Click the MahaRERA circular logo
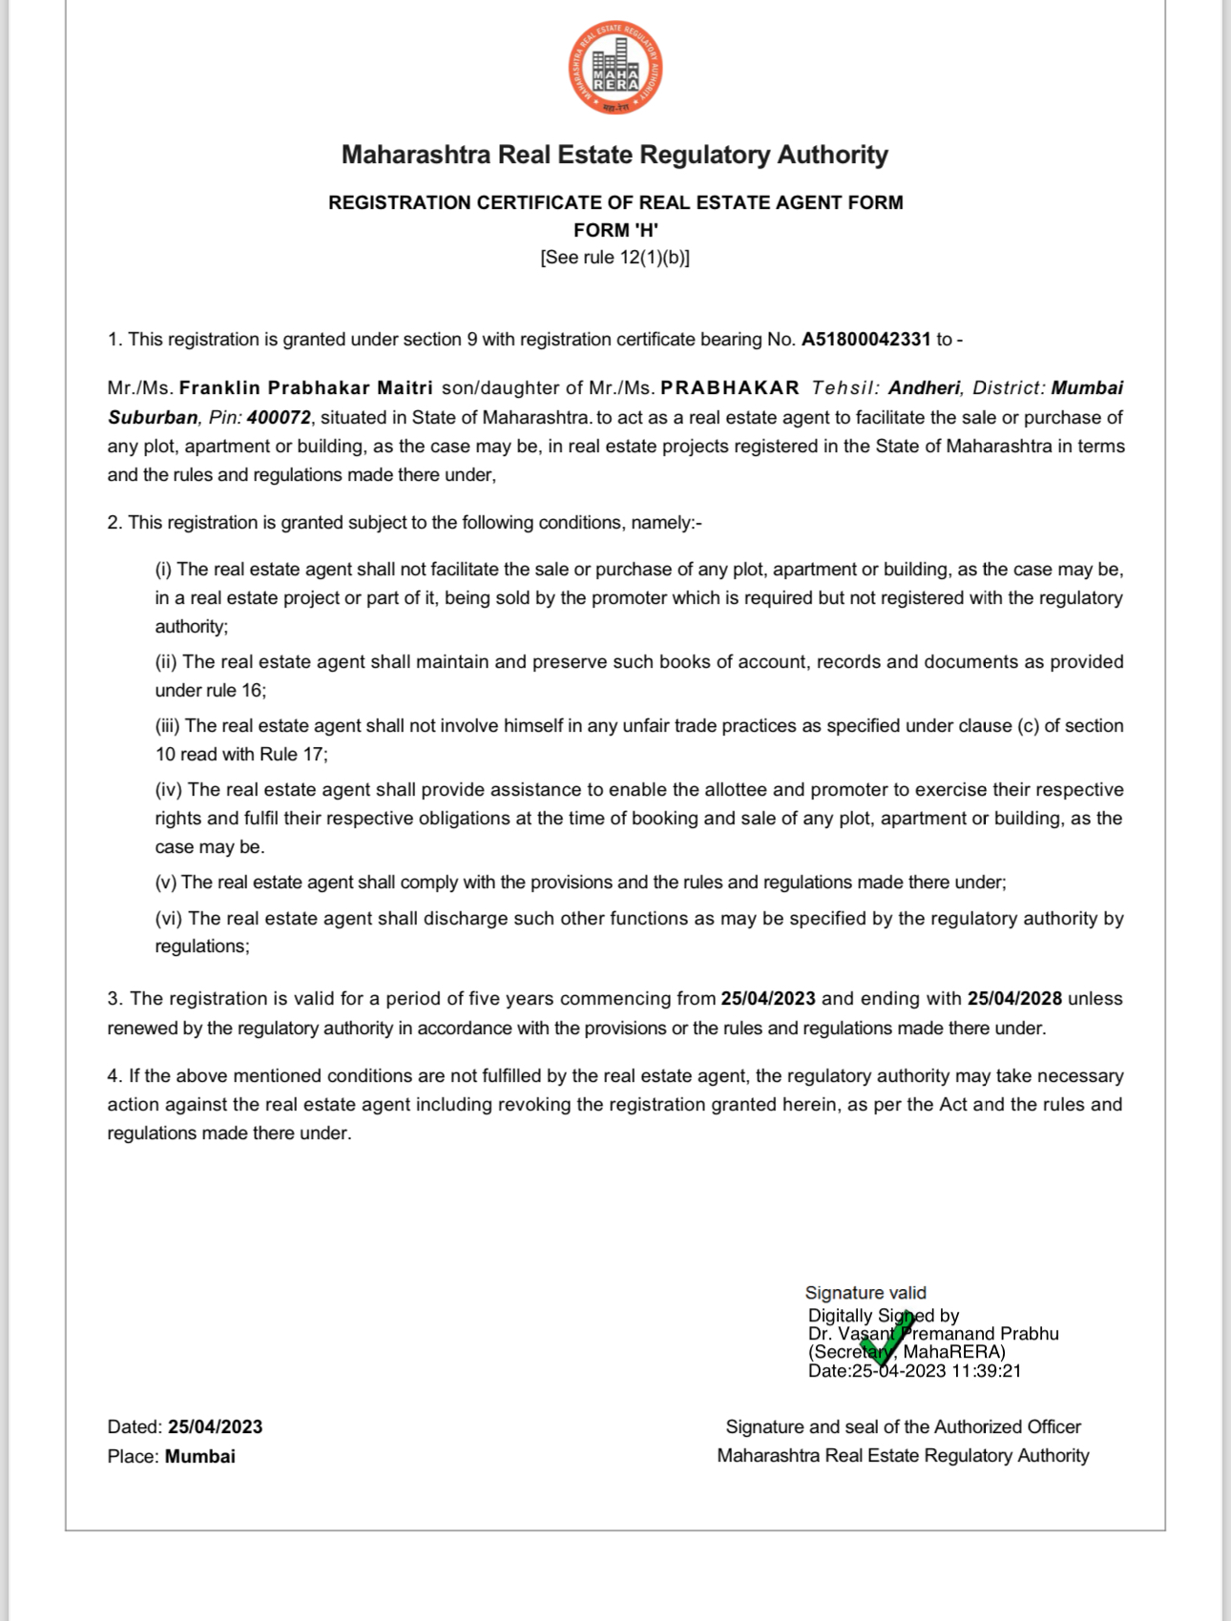point(615,68)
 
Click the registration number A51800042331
point(866,340)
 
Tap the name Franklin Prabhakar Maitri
point(305,388)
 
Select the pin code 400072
point(279,418)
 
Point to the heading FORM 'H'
point(615,230)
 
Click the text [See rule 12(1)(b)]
point(615,258)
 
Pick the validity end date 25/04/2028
point(1014,999)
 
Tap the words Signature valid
point(866,1293)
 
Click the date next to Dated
point(215,1427)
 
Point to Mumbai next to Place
point(199,1457)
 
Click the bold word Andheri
point(924,388)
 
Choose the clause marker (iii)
point(168,726)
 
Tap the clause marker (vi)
point(169,919)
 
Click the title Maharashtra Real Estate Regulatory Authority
point(615,155)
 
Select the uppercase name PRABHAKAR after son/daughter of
point(730,388)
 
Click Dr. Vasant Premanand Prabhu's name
point(933,1334)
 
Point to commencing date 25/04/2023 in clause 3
point(768,999)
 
